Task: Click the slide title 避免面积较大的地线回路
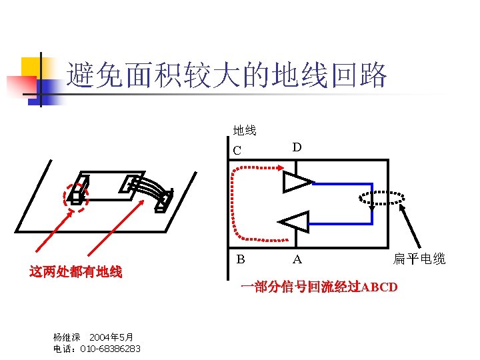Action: [x=227, y=77]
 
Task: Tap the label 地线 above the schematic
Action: [x=245, y=130]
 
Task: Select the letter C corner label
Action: [x=238, y=151]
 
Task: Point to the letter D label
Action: [x=297, y=147]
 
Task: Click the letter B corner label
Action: [x=240, y=259]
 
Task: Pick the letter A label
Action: [x=297, y=259]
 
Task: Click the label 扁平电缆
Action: [x=419, y=259]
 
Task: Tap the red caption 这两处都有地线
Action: [x=75, y=271]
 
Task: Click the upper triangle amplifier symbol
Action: [x=295, y=182]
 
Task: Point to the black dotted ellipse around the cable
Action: [x=381, y=197]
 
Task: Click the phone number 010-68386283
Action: [x=110, y=349]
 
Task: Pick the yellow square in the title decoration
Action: [x=31, y=67]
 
